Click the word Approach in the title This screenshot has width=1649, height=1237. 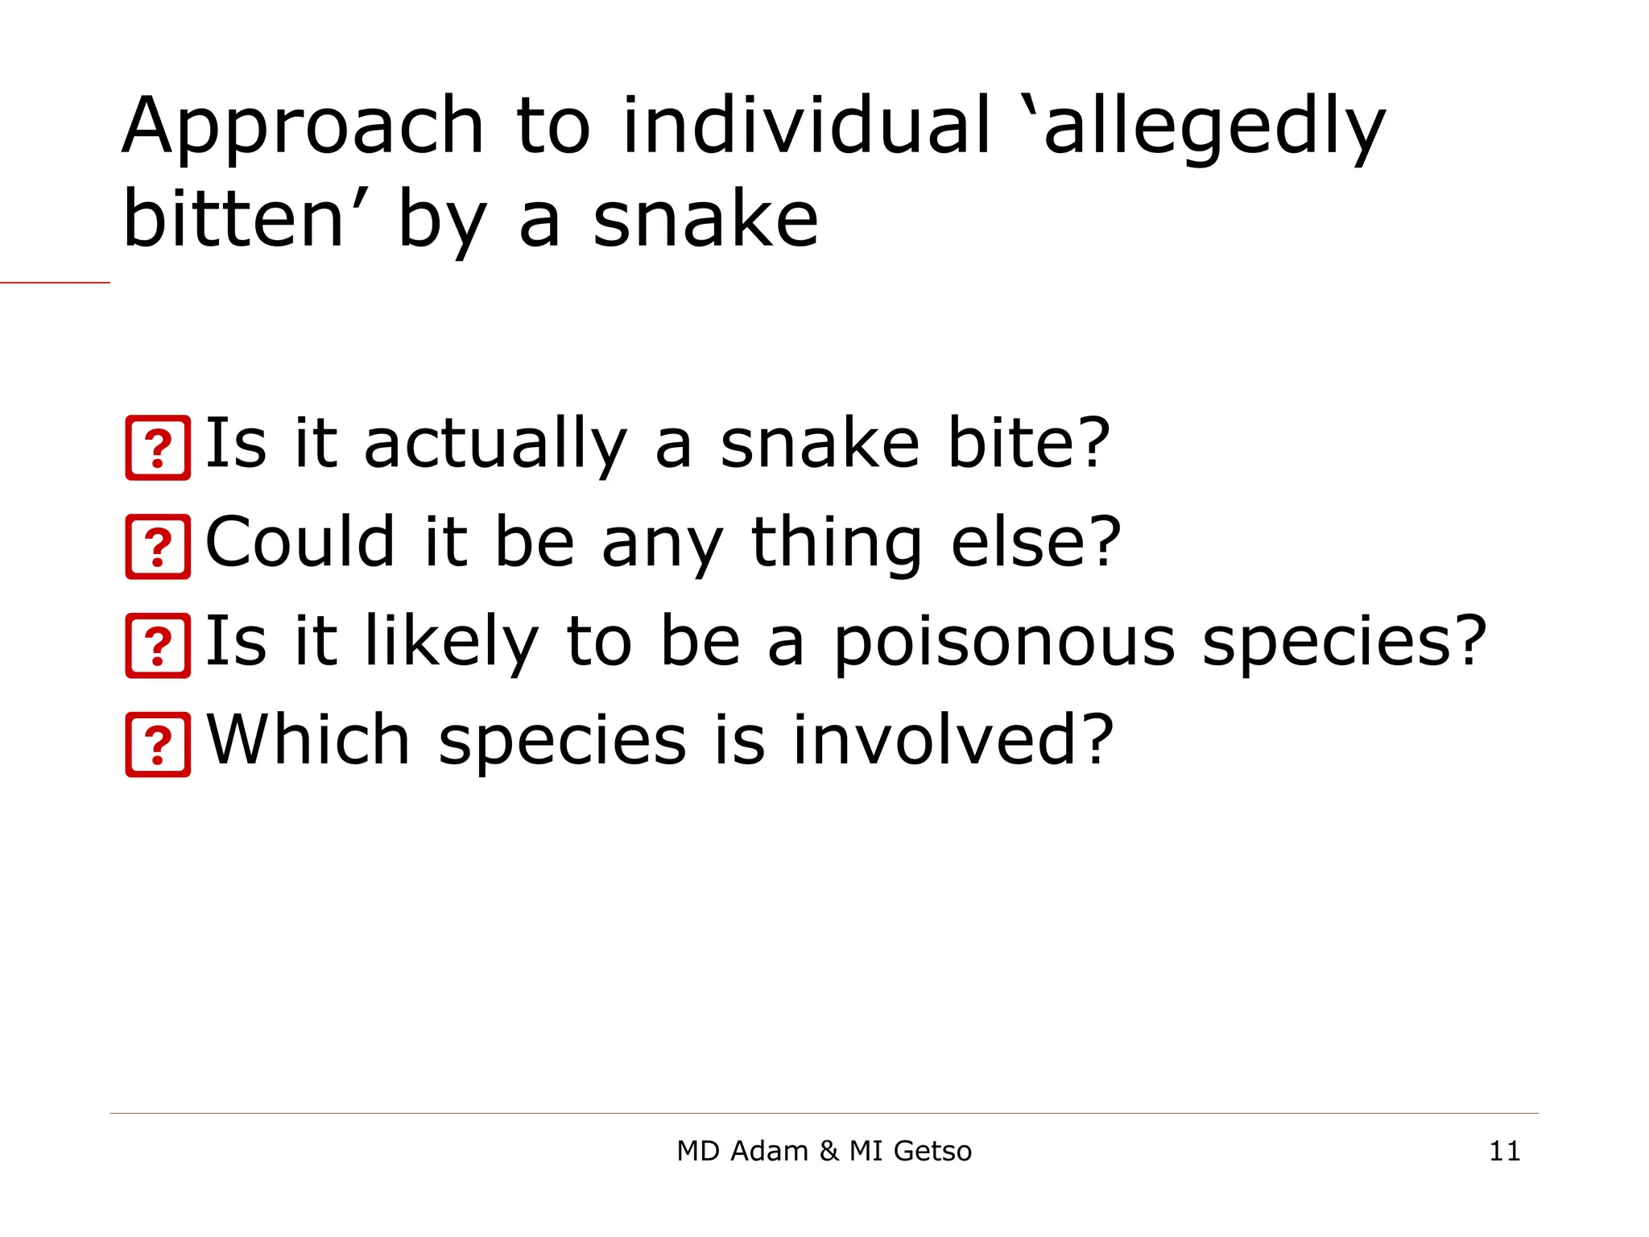pyautogui.click(x=303, y=127)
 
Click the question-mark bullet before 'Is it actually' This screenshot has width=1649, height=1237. pyautogui.click(x=159, y=449)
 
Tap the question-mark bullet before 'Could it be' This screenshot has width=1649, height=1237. pyautogui.click(x=159, y=548)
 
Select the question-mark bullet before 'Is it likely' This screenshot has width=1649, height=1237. pyautogui.click(x=159, y=646)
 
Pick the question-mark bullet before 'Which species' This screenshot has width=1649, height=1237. pyautogui.click(x=159, y=745)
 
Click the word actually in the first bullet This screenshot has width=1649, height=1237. pyautogui.click(x=494, y=445)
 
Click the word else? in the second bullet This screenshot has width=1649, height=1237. pyautogui.click(x=1035, y=542)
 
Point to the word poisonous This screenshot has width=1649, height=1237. pyautogui.click(x=1003, y=643)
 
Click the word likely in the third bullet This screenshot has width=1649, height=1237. pyautogui.click(x=451, y=643)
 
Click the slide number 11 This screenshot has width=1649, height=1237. pyautogui.click(x=1504, y=1152)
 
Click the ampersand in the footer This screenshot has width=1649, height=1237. pyautogui.click(x=829, y=1152)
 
